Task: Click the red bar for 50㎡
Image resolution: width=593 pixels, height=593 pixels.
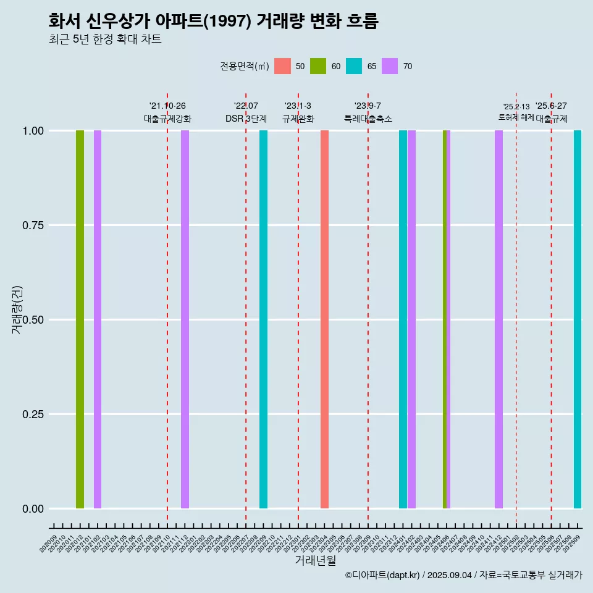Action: pos(324,319)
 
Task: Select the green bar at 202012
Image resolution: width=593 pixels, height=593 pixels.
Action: pos(80,319)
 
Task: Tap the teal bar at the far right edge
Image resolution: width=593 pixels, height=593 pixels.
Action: pos(578,319)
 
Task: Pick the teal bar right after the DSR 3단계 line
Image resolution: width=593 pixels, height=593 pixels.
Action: pos(263,319)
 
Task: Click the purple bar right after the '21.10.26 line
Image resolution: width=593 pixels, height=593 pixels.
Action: pos(185,319)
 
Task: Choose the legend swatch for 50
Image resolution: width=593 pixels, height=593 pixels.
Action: pos(282,66)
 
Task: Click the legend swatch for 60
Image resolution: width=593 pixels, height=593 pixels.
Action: pos(318,66)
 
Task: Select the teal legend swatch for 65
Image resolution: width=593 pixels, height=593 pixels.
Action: pos(354,66)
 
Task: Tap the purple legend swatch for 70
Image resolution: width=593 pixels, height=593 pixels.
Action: pos(390,66)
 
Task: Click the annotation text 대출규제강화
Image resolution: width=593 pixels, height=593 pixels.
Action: pos(167,119)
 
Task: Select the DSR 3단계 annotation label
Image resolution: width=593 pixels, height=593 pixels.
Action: pos(246,119)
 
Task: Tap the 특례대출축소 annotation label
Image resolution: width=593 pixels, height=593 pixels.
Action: pos(368,119)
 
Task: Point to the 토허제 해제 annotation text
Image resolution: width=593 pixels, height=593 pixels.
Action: pos(516,117)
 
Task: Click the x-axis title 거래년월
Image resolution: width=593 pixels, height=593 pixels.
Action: pos(316,561)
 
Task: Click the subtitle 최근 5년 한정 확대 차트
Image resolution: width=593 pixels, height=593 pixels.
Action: pos(105,40)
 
